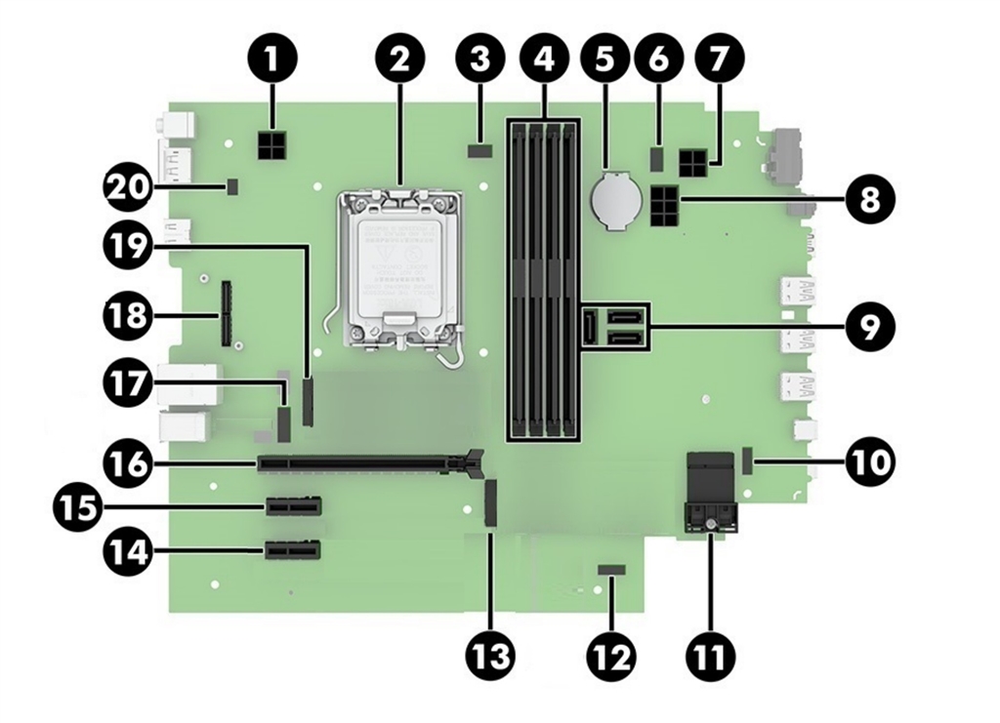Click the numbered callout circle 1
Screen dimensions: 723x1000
(x=272, y=60)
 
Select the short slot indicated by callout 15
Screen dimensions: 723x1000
(x=292, y=507)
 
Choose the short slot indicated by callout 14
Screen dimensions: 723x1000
(x=292, y=553)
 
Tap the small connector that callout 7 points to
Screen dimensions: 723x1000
(x=694, y=161)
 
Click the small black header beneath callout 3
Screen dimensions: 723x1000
(x=479, y=150)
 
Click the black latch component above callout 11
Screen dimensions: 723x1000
(x=710, y=493)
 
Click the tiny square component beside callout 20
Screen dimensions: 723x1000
(x=232, y=183)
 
